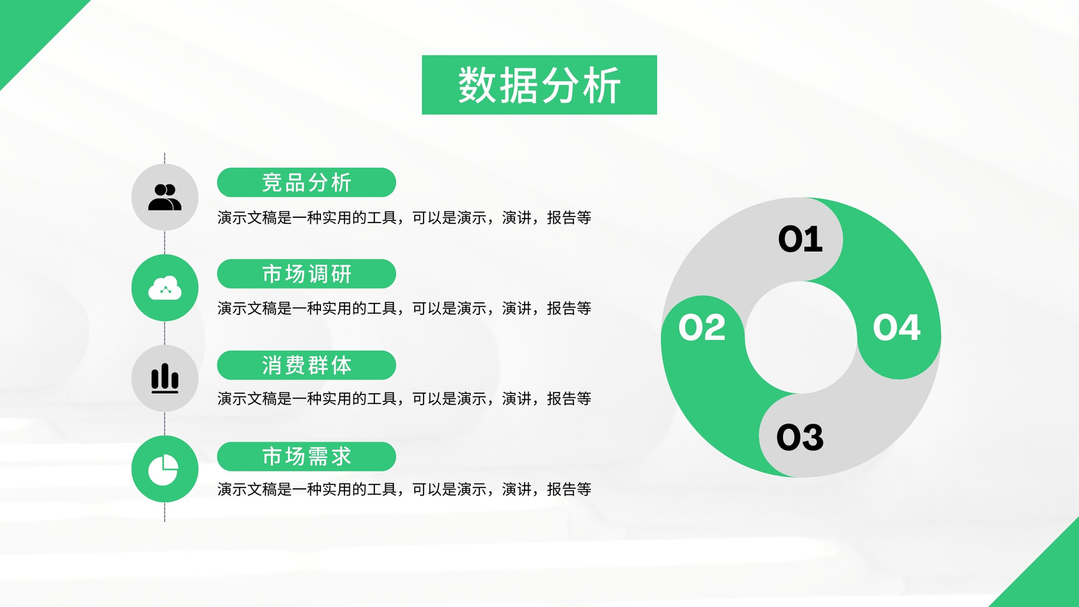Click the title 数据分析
coord(539,85)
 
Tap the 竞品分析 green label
coord(306,183)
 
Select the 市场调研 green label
coord(306,274)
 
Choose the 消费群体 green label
coord(306,365)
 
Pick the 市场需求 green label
coord(306,456)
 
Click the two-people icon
coord(165,197)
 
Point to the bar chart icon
coord(165,378)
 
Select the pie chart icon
coord(163,469)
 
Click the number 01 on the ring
coord(800,239)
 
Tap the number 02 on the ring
coord(702,328)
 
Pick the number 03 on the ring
coord(800,438)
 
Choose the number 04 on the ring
coord(896,328)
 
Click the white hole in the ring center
coord(801,337)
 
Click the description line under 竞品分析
coord(404,218)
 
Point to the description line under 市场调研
coord(404,308)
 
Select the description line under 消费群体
coord(404,399)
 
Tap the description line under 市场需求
coord(404,490)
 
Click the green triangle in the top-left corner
coord(29,29)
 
